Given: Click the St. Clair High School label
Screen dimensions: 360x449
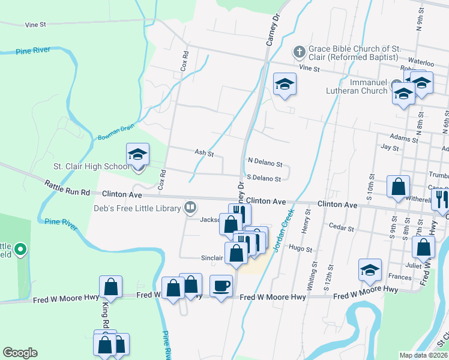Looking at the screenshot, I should point(90,166).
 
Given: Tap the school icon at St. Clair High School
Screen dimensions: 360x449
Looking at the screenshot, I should point(137,155).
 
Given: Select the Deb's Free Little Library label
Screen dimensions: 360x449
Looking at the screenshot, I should point(137,209).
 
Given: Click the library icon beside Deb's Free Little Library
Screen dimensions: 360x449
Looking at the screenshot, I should point(190,208).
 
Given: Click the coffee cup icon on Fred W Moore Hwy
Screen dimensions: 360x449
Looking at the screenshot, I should point(221,286).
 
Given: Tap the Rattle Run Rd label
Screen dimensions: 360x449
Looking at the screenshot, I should point(67,188).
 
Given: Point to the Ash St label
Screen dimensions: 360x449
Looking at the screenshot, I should point(203,154).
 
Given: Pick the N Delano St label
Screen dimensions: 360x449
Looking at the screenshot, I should point(265,161).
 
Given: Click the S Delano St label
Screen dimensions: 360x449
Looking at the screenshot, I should point(264,179).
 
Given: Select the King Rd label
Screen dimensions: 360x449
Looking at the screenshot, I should point(104,312).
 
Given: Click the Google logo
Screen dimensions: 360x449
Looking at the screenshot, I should point(20,353).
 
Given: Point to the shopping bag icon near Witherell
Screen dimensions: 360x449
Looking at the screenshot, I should point(399,187).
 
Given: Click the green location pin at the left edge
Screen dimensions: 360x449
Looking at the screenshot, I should point(20,248).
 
